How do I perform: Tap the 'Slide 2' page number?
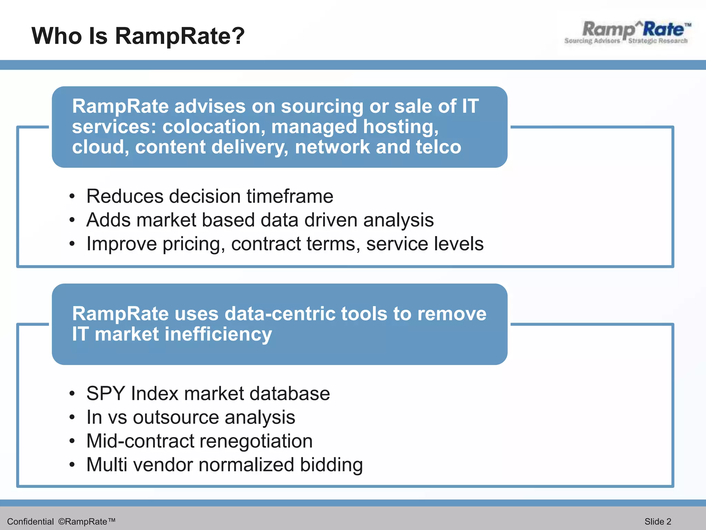pyautogui.click(x=658, y=521)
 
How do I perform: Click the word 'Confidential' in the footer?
pyautogui.click(x=30, y=521)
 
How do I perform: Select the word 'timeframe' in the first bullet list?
pyautogui.click(x=290, y=196)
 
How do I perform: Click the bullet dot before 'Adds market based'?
pyautogui.click(x=72, y=220)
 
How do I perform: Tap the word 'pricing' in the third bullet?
pyautogui.click(x=193, y=244)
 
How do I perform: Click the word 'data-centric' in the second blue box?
pyautogui.click(x=279, y=314)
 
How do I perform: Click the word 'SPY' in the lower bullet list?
pyautogui.click(x=105, y=393)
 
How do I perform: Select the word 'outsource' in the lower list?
pyautogui.click(x=176, y=417)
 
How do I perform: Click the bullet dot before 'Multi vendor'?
pyautogui.click(x=72, y=465)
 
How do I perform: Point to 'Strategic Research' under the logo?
pyautogui.click(x=657, y=41)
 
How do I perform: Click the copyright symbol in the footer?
pyautogui.click(x=61, y=521)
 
